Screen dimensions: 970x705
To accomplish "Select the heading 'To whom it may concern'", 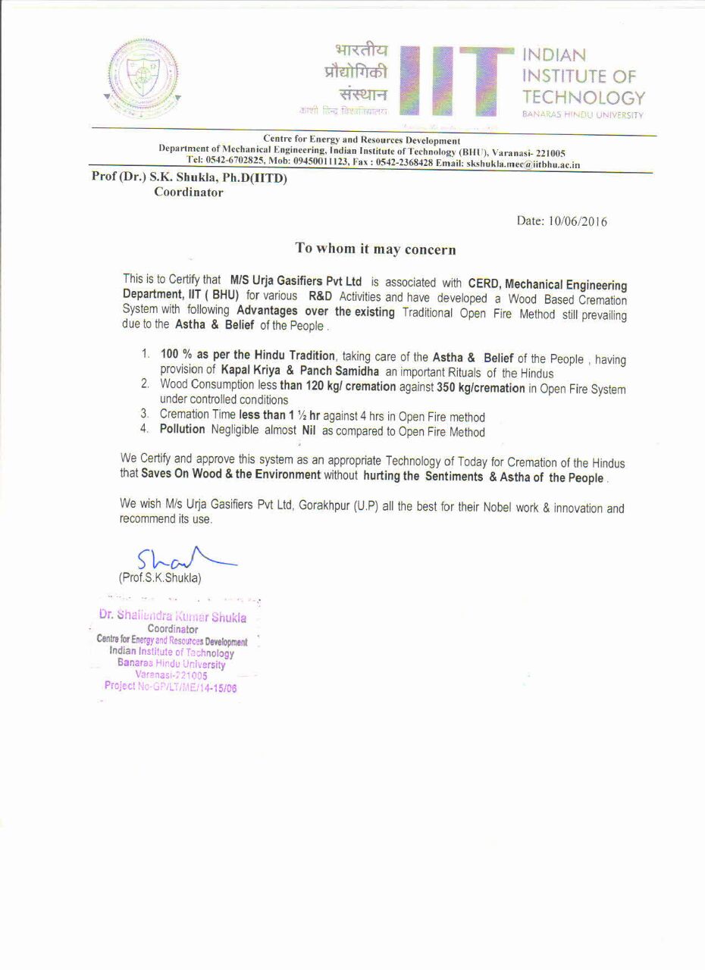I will (x=375, y=249).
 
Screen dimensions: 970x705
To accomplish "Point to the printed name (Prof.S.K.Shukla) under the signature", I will (x=160, y=577).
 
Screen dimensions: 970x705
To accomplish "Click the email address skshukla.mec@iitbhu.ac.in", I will (x=523, y=164).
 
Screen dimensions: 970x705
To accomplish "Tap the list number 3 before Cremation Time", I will (x=144, y=415).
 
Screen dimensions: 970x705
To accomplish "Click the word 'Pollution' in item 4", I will (x=182, y=430).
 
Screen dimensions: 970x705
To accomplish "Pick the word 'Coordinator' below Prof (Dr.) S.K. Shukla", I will (x=189, y=192).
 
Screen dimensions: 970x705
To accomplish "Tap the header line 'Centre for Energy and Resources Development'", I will (x=361, y=140).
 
